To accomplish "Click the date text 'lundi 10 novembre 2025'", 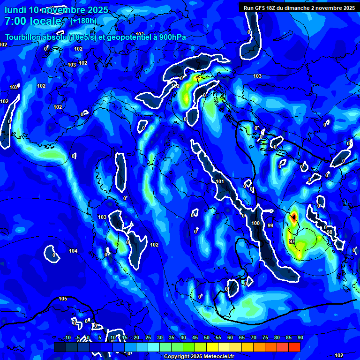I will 56,10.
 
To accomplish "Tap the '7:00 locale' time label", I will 33,21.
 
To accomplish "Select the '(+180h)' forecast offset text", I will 83,21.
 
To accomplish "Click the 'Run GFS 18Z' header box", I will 298,7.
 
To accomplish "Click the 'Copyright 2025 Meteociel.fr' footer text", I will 199,357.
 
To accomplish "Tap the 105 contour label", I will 63,299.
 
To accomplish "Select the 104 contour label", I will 73,251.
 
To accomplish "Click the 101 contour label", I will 220,181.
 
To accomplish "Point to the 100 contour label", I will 255,223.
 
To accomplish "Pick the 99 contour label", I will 270,225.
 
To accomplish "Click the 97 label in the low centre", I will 292,241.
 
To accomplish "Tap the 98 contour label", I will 330,232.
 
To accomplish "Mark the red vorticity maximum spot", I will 293,216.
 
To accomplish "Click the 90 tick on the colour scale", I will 300,337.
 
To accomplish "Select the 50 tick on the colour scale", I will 206,337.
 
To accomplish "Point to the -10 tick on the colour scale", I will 67,337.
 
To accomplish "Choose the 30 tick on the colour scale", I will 159,337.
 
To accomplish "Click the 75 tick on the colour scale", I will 265,337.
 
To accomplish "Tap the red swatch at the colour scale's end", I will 294,347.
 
